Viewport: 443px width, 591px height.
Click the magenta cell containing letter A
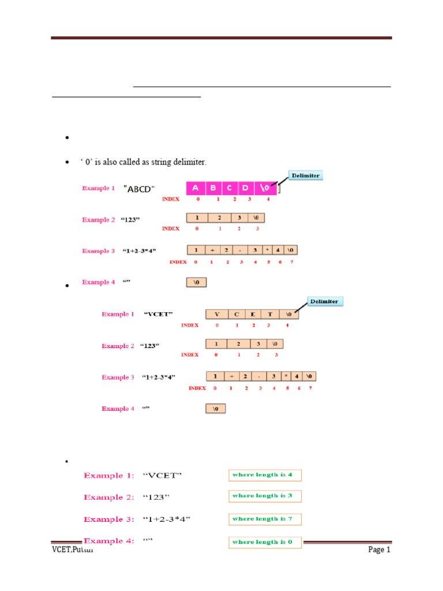[x=196, y=188]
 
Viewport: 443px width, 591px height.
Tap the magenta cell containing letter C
[x=229, y=188]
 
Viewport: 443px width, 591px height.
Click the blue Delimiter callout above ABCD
[x=305, y=175]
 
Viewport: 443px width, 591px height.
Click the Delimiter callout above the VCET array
[x=325, y=301]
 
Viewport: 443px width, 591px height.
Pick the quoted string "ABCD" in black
[x=140, y=189]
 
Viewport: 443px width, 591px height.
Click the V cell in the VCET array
[x=217, y=315]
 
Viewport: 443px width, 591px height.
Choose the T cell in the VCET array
[x=269, y=315]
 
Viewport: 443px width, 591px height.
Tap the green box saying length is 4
[x=265, y=475]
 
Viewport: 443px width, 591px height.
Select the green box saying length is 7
[x=265, y=519]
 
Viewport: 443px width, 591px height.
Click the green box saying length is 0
[x=265, y=542]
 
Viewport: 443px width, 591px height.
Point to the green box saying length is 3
[x=265, y=496]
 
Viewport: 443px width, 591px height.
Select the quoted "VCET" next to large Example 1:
[x=162, y=476]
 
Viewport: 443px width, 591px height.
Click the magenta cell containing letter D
[x=245, y=188]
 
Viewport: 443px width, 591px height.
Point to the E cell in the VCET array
[x=252, y=315]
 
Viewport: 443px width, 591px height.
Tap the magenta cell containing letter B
[x=213, y=188]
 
